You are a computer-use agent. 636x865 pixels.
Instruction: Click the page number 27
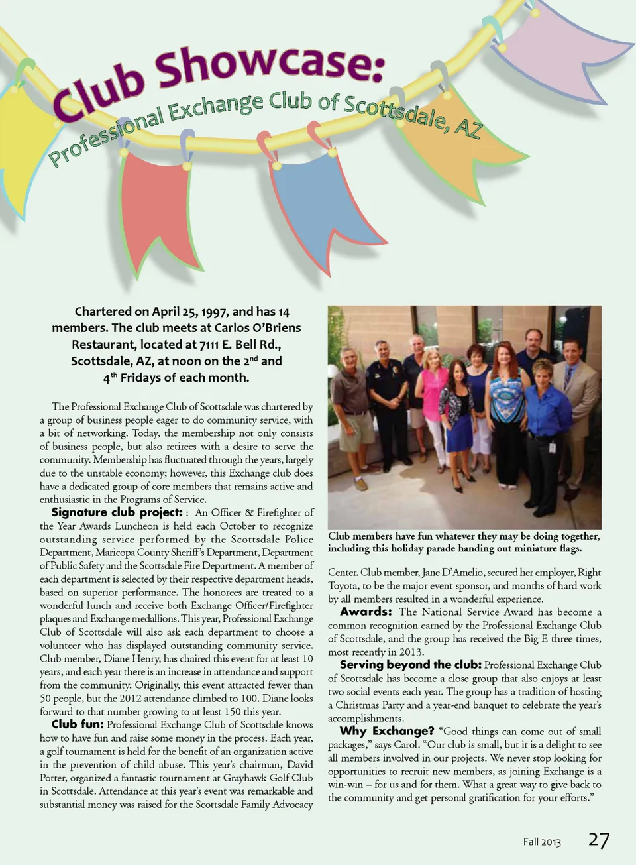pyautogui.click(x=599, y=840)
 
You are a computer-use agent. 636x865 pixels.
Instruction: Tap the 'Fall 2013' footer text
pyautogui.click(x=541, y=842)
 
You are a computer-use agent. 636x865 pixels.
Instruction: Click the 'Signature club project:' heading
pyautogui.click(x=117, y=512)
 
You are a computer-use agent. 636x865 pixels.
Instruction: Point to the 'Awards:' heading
pyautogui.click(x=366, y=612)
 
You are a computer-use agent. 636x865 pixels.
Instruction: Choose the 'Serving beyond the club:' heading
pyautogui.click(x=411, y=665)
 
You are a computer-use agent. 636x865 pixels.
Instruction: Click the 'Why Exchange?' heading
pyautogui.click(x=387, y=731)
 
